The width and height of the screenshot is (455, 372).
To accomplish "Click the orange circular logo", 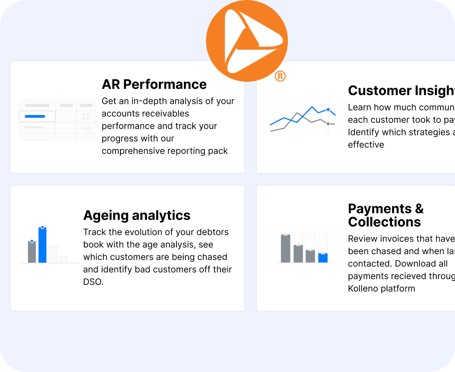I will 247,41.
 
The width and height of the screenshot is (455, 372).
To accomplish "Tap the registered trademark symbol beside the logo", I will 280,76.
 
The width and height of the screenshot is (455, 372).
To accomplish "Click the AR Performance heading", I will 154,84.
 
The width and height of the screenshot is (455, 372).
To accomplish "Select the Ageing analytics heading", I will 137,215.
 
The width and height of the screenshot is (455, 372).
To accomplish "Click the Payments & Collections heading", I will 385,215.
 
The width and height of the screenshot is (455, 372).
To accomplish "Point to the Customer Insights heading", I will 401,91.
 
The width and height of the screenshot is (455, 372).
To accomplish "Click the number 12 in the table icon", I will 86,117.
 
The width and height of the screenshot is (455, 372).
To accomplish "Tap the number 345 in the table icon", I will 86,129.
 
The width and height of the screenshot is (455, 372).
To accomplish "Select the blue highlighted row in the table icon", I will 37,117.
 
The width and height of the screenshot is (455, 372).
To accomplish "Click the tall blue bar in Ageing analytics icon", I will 42,245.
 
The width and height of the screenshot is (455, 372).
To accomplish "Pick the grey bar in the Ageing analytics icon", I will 32,252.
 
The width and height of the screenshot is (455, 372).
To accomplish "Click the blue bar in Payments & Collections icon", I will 323,258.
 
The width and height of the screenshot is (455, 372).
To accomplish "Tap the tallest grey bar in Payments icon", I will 285,248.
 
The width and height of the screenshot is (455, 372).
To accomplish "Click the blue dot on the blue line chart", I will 328,110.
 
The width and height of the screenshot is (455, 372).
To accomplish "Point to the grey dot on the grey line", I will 328,124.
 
